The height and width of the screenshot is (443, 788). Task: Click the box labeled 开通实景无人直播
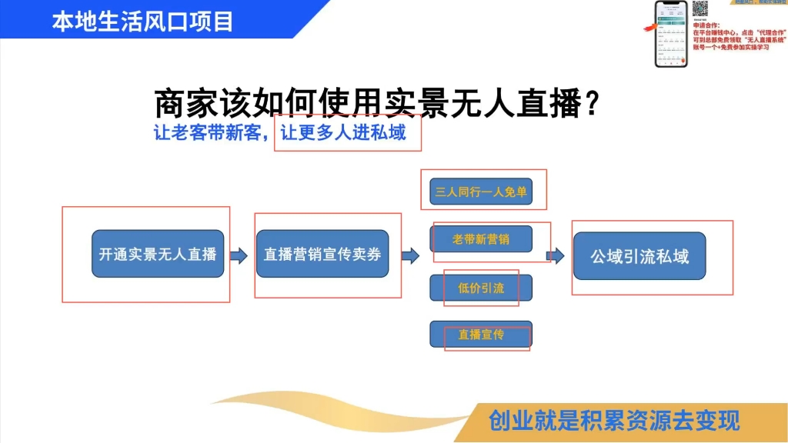tap(158, 255)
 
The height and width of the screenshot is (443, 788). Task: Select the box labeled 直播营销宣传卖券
tap(322, 255)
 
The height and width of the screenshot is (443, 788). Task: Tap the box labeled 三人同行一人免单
tap(481, 192)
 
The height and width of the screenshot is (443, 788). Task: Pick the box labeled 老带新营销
tap(481, 239)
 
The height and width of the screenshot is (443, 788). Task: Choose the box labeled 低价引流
tap(481, 288)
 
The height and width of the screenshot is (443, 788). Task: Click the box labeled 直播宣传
tap(481, 335)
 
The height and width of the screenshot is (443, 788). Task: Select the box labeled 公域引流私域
tap(639, 256)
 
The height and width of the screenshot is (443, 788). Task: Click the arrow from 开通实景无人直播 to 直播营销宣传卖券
tap(239, 255)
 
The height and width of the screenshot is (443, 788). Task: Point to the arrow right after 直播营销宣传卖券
tap(410, 255)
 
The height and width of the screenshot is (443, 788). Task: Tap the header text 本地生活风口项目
tap(142, 21)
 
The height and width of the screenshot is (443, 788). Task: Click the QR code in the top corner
tap(700, 8)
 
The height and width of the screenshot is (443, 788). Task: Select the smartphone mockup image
tap(670, 34)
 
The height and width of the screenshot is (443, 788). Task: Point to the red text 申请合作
tap(708, 25)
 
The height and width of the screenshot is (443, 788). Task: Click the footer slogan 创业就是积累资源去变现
tap(613, 421)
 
